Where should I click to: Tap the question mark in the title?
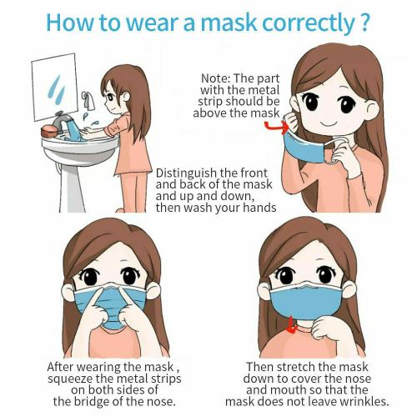(x=364, y=22)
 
